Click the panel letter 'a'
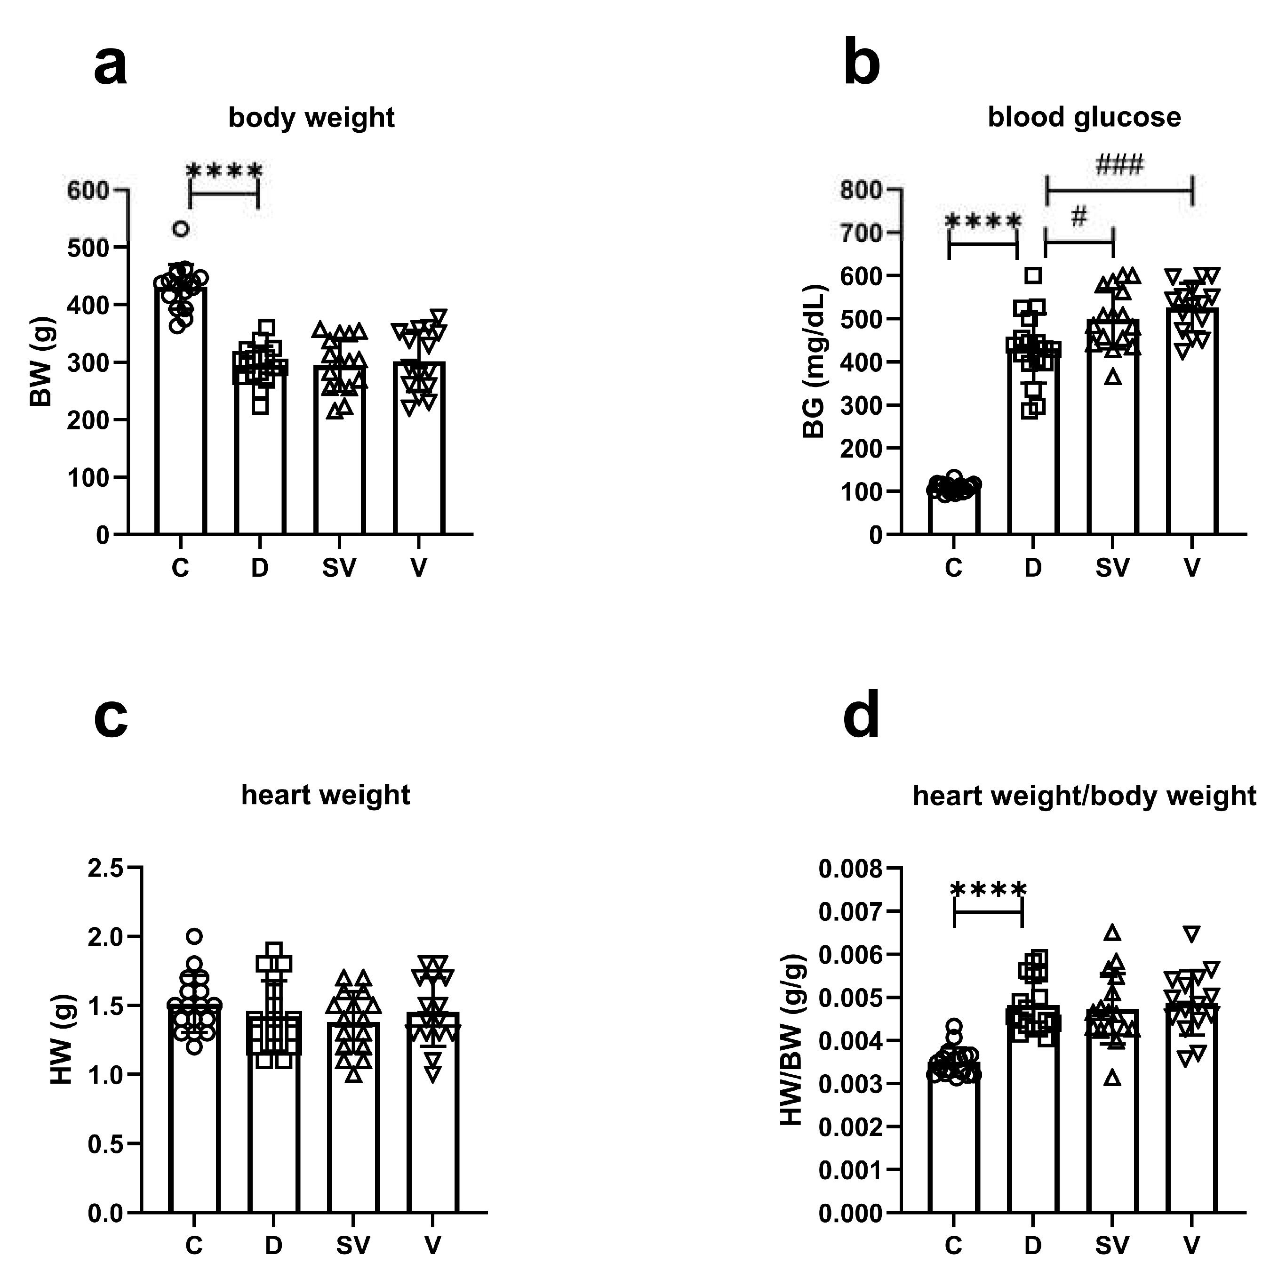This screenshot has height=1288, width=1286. pyautogui.click(x=110, y=67)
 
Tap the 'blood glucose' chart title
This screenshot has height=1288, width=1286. pyautogui.click(x=1084, y=117)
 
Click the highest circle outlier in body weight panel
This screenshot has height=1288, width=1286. pyautogui.click(x=181, y=229)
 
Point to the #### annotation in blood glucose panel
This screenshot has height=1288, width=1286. pyautogui.click(x=1119, y=164)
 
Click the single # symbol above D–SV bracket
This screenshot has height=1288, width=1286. pyautogui.click(x=1079, y=216)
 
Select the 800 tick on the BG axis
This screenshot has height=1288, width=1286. pyautogui.click(x=861, y=191)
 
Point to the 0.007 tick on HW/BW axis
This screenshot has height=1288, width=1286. pyautogui.click(x=849, y=911)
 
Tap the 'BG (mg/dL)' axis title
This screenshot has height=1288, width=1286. pyautogui.click(x=814, y=362)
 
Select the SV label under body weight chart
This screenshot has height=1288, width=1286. pyautogui.click(x=339, y=568)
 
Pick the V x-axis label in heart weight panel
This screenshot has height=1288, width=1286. pyautogui.click(x=432, y=1245)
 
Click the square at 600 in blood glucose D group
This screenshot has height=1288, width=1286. pyautogui.click(x=1033, y=276)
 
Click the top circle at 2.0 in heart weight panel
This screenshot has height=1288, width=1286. pyautogui.click(x=194, y=936)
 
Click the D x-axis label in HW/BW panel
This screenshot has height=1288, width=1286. pyautogui.click(x=1033, y=1245)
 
